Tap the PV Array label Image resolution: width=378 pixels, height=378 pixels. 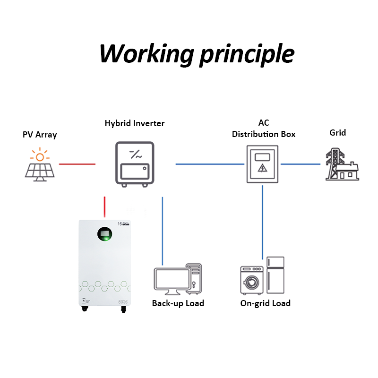point(40,135)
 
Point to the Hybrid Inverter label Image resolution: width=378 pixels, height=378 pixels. point(135,123)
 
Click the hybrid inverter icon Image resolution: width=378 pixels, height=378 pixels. point(135,163)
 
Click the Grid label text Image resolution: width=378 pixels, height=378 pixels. point(337,132)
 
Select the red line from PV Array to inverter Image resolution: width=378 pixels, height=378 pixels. point(77,164)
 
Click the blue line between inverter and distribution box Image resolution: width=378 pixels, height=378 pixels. point(210,164)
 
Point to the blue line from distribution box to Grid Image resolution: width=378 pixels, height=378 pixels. point(301,164)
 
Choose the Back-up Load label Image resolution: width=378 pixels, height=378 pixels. point(178,303)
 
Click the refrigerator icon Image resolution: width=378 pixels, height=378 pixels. point(275,275)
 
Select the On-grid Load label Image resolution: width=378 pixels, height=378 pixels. point(265,303)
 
